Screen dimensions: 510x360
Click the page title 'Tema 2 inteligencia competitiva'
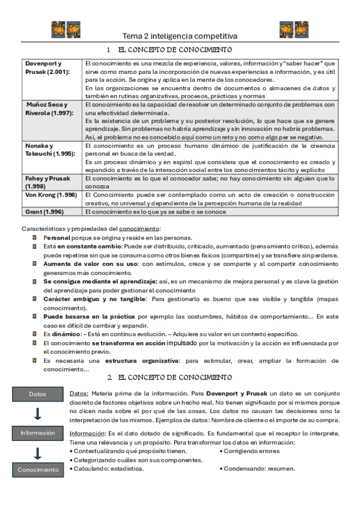click(x=180, y=36)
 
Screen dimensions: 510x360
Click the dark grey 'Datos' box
click(x=37, y=394)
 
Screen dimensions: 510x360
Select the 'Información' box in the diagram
click(x=37, y=432)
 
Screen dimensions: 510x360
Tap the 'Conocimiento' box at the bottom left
click(x=38, y=470)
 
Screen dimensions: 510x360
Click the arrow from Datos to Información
click(x=37, y=413)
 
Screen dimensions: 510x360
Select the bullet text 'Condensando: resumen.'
click(x=259, y=469)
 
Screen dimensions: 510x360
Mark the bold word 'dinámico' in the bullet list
click(x=64, y=334)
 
